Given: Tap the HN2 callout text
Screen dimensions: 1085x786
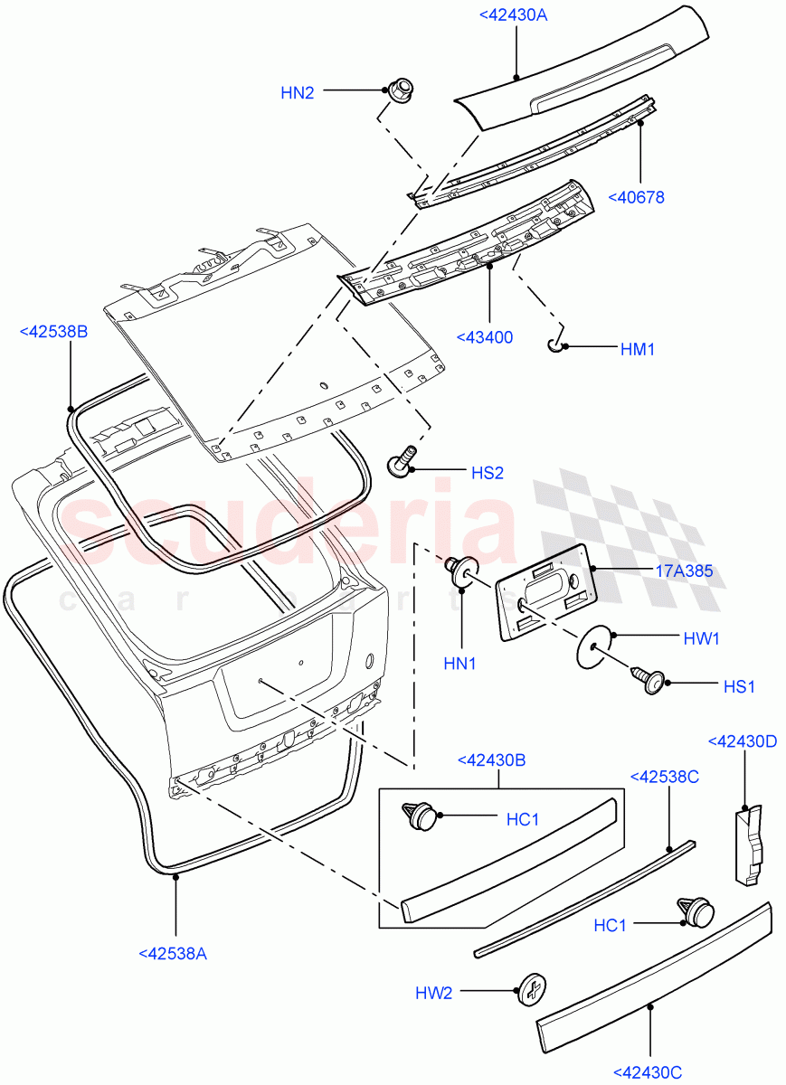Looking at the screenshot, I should (297, 91).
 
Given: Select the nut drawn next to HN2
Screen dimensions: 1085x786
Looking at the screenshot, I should (400, 90).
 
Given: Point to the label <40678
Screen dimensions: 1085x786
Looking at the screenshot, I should (636, 197).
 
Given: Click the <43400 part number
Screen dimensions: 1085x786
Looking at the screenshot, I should (485, 337).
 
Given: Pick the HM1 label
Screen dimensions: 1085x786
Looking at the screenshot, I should (637, 349).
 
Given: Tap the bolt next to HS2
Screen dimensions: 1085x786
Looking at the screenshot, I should (401, 462).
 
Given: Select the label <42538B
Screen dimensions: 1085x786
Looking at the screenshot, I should (53, 332).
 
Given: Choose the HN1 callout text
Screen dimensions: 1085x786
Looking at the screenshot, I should (459, 664).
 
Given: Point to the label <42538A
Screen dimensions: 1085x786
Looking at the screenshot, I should (173, 952).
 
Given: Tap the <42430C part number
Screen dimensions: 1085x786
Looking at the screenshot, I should (648, 1071).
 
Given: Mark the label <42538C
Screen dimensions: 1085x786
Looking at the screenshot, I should (665, 777).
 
